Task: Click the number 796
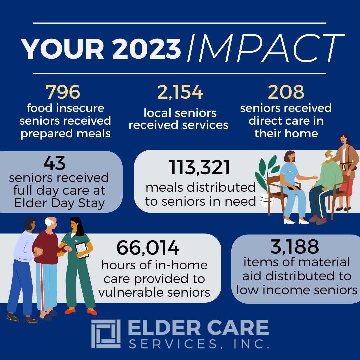[x=63, y=92]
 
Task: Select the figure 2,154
[x=180, y=92]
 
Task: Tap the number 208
[x=286, y=92]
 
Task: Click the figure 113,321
[x=200, y=168]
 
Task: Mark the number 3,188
[x=295, y=247]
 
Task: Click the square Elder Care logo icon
[x=106, y=334]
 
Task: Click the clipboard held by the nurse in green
[x=82, y=250]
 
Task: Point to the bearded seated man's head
[x=328, y=157]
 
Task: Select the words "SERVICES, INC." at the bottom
[x=199, y=343]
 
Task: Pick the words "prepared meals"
[x=65, y=133]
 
